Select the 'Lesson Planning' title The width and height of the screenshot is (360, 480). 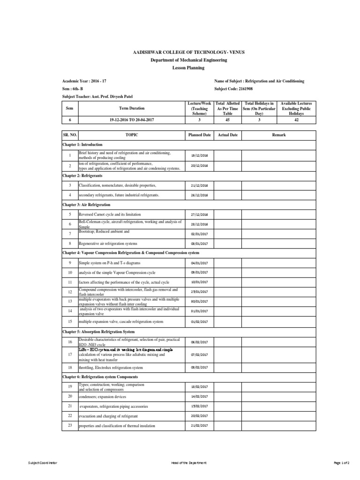click(180, 68)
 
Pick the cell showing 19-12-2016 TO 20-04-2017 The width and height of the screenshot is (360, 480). click(132, 120)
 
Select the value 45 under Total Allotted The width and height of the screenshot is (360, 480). click(227, 120)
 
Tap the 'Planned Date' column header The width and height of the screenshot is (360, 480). click(200, 135)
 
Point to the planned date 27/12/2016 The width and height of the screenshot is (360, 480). click(200, 214)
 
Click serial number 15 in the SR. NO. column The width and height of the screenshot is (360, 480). click(69, 322)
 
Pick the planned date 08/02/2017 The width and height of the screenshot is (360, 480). click(200, 368)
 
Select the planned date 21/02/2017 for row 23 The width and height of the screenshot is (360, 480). click(200, 426)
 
